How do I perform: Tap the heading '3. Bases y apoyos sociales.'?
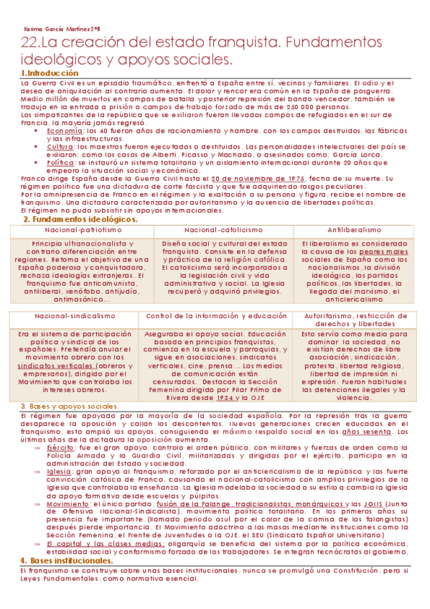point(68,406)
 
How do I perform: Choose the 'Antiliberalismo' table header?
point(355,230)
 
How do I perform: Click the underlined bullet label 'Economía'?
point(64,131)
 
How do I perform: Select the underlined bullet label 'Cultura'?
point(61,146)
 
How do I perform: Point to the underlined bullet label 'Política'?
point(61,162)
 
